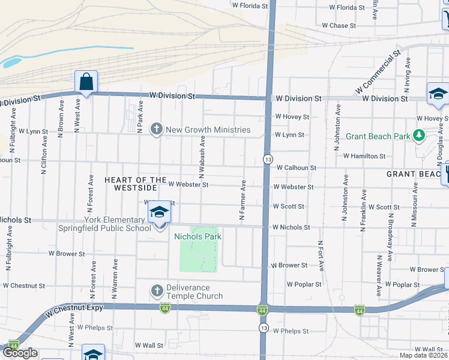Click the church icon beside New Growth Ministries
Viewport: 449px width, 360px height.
(x=157, y=129)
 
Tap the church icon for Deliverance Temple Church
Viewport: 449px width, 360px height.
(x=157, y=291)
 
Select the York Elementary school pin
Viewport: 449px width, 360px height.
(x=159, y=213)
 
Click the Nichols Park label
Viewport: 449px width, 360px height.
(x=197, y=236)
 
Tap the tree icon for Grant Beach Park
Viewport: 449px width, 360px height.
(x=419, y=136)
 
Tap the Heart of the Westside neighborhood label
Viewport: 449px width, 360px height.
(x=135, y=184)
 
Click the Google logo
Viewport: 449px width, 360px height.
(x=19, y=353)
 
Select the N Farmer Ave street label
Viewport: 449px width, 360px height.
(x=243, y=200)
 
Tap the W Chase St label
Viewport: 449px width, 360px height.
(x=339, y=26)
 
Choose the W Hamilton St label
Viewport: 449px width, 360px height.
(x=364, y=156)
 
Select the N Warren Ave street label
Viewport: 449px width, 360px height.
(x=114, y=292)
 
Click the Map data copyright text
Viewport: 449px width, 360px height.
(x=424, y=355)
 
